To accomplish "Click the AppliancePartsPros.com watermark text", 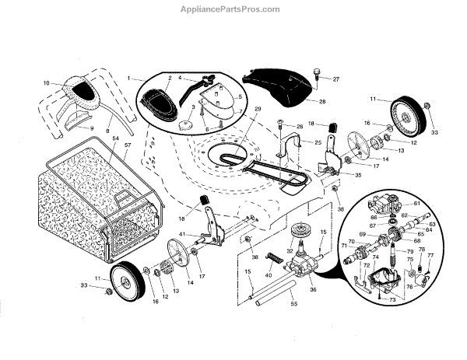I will point(233,9).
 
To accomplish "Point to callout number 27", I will point(336,79).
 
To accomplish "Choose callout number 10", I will point(46,82).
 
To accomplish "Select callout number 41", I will point(180,233).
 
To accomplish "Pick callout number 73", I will point(392,299).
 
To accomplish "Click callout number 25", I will point(318,142).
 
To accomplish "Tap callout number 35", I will point(336,176).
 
